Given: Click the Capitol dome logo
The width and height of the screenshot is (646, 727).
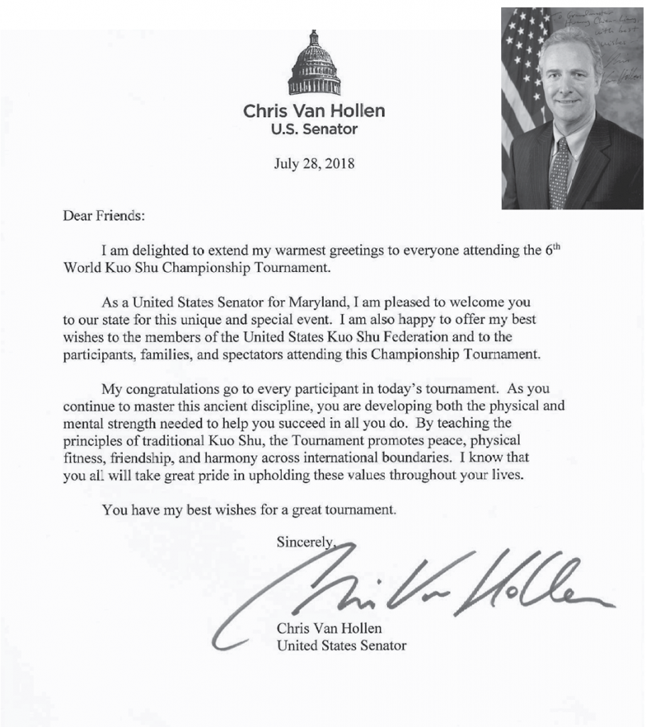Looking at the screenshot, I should coord(314,65).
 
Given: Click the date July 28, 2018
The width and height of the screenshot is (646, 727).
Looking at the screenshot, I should coord(314,163).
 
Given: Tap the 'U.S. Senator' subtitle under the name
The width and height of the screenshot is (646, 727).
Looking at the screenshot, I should coord(314,129).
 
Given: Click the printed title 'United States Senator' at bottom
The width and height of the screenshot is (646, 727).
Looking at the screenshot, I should coord(341,645).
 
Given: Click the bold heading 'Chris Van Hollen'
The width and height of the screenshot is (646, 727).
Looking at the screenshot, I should coord(314,111).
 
